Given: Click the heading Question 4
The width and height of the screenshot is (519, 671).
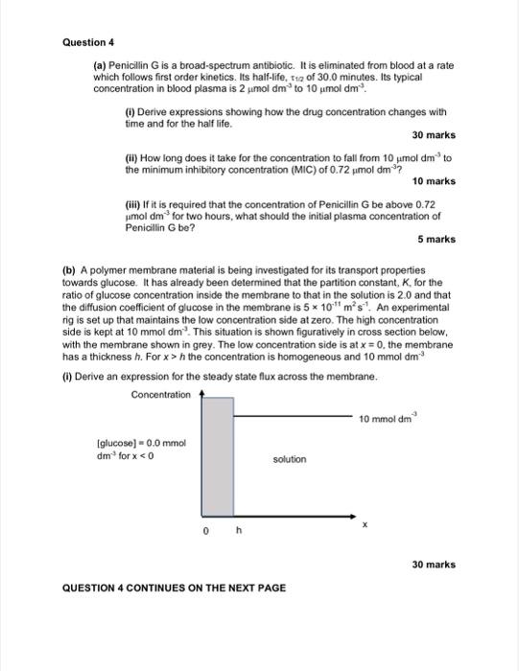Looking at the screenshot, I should (x=88, y=42).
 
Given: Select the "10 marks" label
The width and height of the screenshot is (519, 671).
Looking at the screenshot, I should (x=434, y=181).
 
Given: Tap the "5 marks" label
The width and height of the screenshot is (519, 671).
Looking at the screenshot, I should (x=436, y=239).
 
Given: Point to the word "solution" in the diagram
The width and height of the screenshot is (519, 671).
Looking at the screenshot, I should (x=290, y=459).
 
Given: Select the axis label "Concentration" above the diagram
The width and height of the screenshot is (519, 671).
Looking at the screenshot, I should (x=160, y=394).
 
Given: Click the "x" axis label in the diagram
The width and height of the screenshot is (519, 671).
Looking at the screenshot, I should (x=364, y=524).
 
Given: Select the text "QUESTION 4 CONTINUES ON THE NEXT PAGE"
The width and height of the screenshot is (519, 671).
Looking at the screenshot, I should (x=174, y=588).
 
